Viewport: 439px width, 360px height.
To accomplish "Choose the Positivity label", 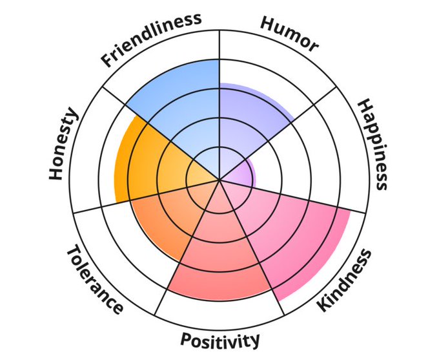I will pos(220,339).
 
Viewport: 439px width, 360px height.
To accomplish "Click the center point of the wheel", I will pos(220,180).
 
